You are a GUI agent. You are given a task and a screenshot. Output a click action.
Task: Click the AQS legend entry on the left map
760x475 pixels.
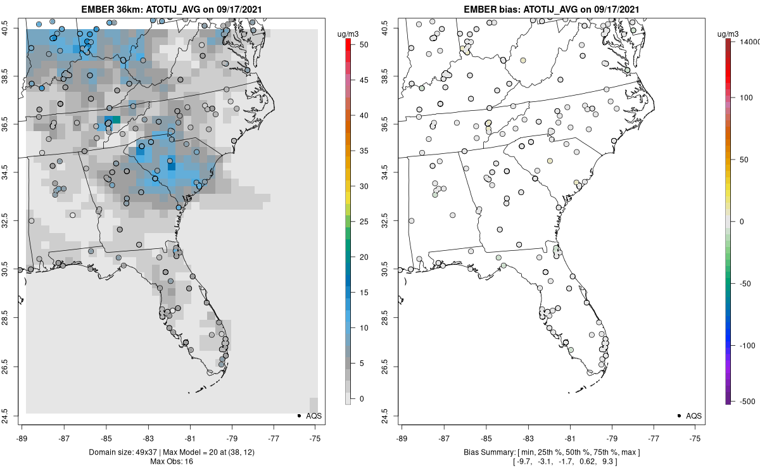(x=310, y=415)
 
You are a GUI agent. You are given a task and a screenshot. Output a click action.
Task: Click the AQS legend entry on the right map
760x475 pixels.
(x=690, y=415)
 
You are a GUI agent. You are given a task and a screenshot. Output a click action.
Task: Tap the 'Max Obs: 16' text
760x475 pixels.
(x=171, y=461)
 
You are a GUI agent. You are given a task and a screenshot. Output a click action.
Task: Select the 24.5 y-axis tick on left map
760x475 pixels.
(x=14, y=415)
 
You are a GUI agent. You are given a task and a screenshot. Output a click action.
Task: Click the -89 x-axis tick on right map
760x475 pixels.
(x=402, y=437)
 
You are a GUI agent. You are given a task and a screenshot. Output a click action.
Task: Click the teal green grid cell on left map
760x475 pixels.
(x=112, y=120)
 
